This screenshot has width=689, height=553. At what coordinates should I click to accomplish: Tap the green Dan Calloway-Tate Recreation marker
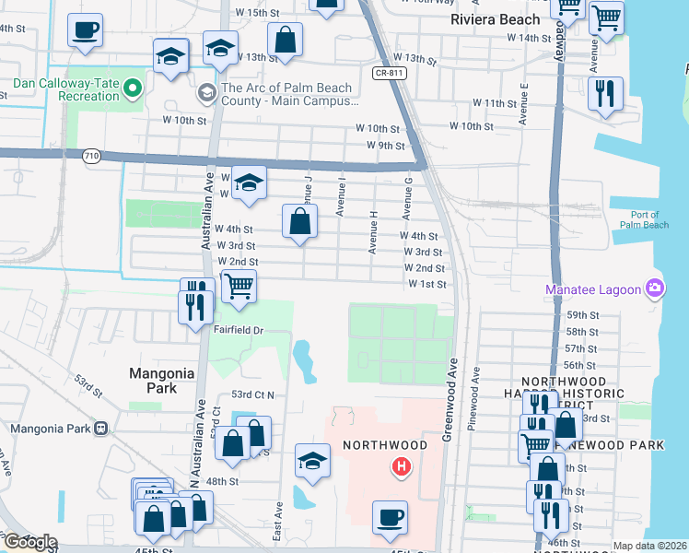point(133,89)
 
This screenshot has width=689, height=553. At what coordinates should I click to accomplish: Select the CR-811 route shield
point(391,73)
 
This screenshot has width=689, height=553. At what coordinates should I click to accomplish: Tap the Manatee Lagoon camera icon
point(655,288)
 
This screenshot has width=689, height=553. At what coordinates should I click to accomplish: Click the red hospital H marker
point(401,467)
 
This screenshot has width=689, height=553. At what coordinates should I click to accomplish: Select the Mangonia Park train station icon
point(101,428)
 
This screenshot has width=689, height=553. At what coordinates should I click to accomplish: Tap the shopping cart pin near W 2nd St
point(239,286)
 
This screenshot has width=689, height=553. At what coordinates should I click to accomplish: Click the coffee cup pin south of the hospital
point(390,517)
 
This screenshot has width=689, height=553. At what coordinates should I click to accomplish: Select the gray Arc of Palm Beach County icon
point(205,93)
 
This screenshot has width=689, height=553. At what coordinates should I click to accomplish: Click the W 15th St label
point(257,13)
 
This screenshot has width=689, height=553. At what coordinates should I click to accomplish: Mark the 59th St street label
point(582,315)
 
